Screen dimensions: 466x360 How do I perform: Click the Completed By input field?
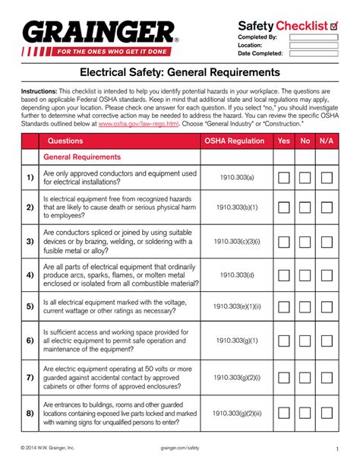[x=311, y=36]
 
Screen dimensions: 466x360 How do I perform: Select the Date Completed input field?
[x=311, y=53]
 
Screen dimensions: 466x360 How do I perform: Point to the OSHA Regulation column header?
[x=235, y=141]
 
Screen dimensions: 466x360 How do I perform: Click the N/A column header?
[x=327, y=141]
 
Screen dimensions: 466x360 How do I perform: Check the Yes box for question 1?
[x=283, y=179]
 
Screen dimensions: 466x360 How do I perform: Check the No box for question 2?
[x=305, y=207]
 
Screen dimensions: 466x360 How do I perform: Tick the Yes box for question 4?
[x=283, y=275]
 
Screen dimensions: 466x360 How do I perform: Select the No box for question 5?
[x=305, y=306]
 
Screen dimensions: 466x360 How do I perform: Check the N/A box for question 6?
[x=327, y=341]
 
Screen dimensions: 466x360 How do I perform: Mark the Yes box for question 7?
[x=283, y=377]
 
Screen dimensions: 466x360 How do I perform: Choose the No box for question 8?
[x=305, y=413]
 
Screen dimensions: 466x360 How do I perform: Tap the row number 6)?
[x=29, y=341]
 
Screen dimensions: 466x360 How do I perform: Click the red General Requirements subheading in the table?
[x=81, y=157]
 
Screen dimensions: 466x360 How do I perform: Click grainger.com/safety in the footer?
[x=180, y=449]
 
